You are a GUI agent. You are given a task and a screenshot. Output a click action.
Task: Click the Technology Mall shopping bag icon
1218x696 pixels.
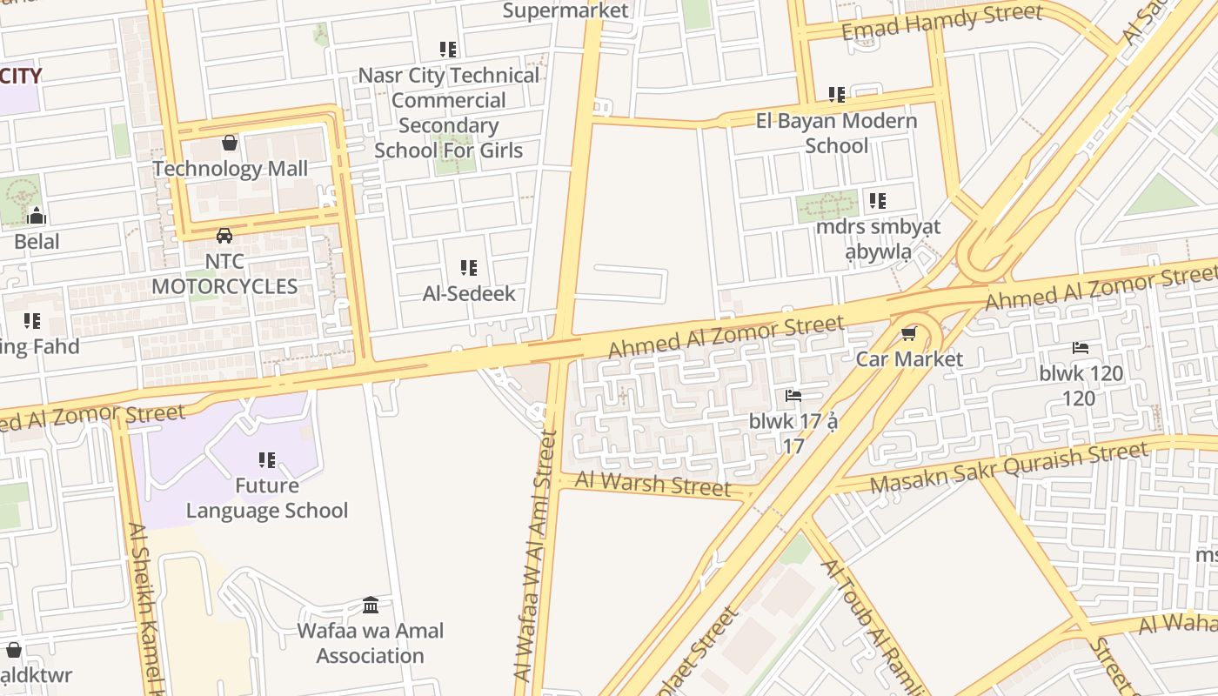click(x=230, y=142)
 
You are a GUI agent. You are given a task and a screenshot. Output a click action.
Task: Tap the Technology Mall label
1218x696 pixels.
click(x=231, y=169)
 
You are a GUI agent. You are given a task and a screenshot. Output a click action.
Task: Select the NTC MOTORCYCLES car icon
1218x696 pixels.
click(x=224, y=235)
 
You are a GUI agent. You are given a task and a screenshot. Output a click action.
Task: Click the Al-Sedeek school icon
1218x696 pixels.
click(x=469, y=268)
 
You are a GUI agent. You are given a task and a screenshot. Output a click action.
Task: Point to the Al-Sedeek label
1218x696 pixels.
click(x=469, y=294)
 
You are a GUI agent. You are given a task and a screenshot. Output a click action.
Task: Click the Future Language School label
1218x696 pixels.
click(x=267, y=498)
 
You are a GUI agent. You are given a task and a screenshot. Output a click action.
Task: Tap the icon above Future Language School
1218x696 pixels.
click(x=267, y=459)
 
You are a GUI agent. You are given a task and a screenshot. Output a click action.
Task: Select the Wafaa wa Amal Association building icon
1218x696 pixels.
click(x=371, y=605)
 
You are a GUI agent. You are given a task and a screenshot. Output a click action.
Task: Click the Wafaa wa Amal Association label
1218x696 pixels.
click(x=371, y=643)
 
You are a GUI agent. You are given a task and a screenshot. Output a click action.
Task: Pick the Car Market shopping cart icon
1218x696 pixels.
click(x=909, y=334)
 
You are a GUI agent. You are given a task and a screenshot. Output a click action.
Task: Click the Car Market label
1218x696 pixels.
click(x=909, y=359)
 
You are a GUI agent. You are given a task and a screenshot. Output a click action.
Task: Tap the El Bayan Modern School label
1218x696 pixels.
click(x=836, y=133)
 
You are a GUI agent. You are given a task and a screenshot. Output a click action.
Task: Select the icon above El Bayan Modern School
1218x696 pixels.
click(x=837, y=94)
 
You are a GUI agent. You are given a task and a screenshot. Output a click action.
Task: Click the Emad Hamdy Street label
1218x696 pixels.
click(x=941, y=22)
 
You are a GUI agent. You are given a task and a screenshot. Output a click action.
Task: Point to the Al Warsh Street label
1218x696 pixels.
click(x=652, y=484)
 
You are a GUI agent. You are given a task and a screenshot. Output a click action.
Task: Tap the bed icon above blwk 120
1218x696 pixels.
click(x=1081, y=348)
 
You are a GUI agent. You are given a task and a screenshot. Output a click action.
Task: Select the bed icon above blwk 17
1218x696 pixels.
click(x=793, y=396)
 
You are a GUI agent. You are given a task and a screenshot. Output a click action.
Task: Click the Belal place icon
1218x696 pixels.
click(x=37, y=216)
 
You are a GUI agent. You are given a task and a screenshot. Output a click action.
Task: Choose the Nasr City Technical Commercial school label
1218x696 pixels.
click(x=449, y=112)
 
